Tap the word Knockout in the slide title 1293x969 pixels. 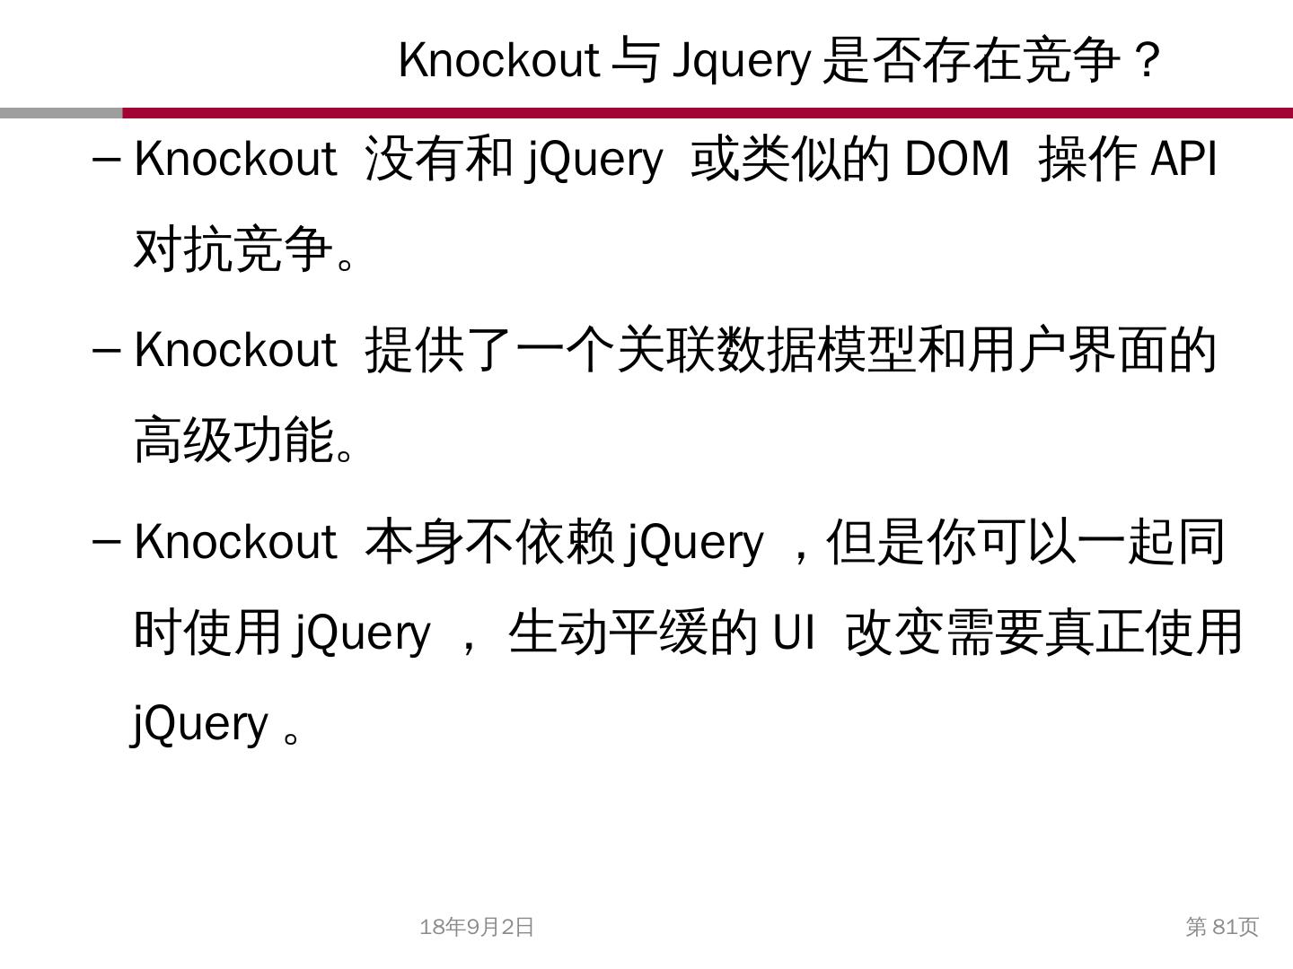[x=498, y=61]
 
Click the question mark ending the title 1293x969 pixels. [x=1147, y=61]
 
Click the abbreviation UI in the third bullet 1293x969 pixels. [x=794, y=632]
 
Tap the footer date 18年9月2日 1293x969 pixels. [x=477, y=927]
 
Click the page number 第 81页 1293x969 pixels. [x=1222, y=927]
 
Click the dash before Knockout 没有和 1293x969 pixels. [x=106, y=160]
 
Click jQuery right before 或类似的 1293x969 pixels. [x=594, y=160]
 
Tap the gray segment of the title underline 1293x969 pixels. [x=61, y=113]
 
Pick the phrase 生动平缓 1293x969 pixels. [x=608, y=632]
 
